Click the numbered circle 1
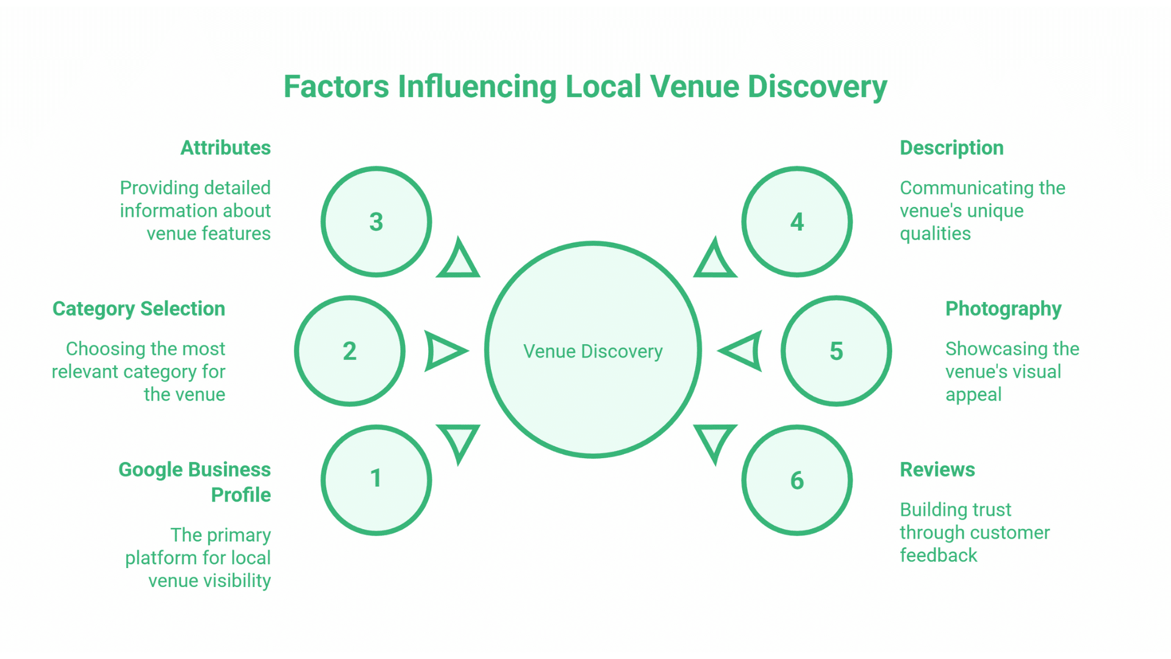tap(376, 480)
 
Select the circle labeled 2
tap(349, 351)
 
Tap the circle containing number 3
tap(376, 221)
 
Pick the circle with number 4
tap(797, 221)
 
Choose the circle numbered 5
tap(836, 351)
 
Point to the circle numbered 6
tap(797, 480)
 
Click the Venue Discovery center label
tap(593, 351)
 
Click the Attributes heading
tap(226, 148)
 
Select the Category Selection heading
tap(139, 309)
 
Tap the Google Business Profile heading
tap(195, 482)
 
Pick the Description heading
tap(951, 148)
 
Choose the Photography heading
tap(1003, 309)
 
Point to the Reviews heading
tap(937, 470)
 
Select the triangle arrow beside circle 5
tap(742, 351)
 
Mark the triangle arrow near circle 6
tap(715, 442)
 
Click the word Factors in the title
tap(336, 87)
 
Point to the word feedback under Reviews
tap(938, 555)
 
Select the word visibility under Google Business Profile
tap(237, 581)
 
